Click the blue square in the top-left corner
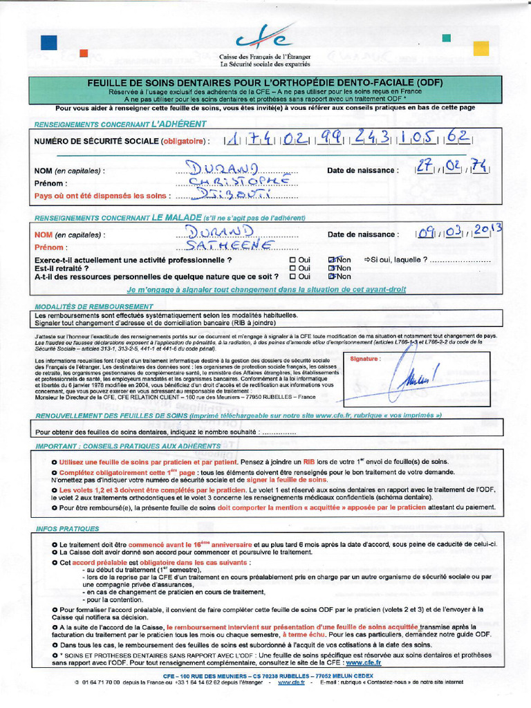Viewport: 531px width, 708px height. point(48,42)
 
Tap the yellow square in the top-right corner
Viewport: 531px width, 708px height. point(481,48)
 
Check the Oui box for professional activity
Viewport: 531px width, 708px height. point(292,260)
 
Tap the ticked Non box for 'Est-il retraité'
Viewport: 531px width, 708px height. point(332,268)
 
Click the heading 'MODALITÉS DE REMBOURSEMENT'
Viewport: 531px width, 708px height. point(93,306)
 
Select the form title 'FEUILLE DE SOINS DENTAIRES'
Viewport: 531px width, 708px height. point(265,82)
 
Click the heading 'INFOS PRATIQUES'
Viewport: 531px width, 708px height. point(67,529)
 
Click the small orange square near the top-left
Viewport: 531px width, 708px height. point(84,53)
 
